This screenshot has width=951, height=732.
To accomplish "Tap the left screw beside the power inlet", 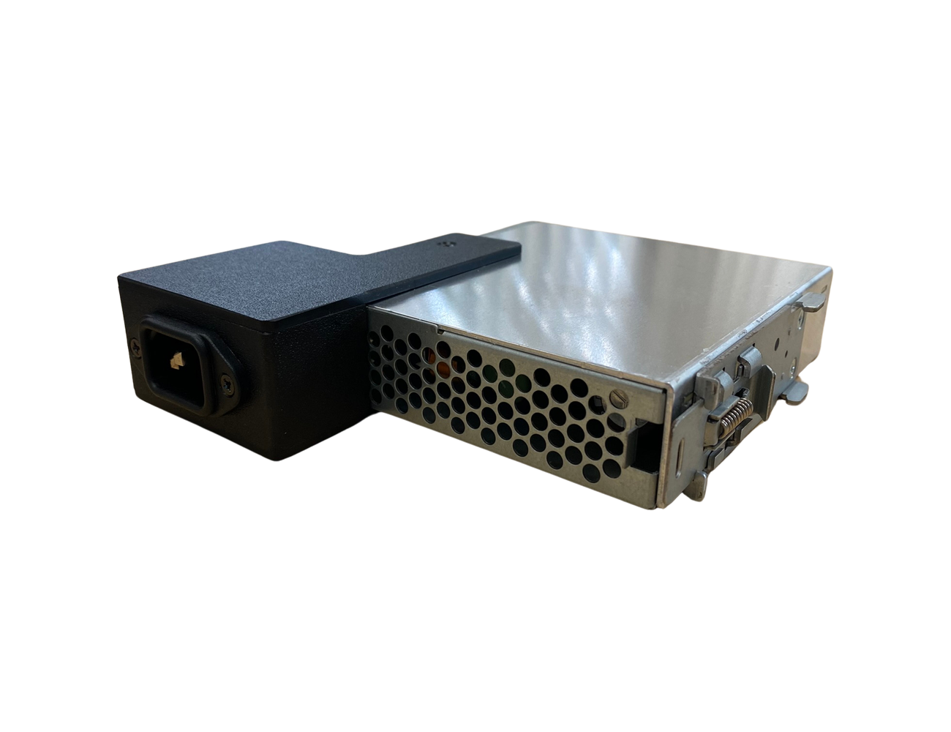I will coord(135,349).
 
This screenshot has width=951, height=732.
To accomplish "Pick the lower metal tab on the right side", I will coord(794,394).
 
